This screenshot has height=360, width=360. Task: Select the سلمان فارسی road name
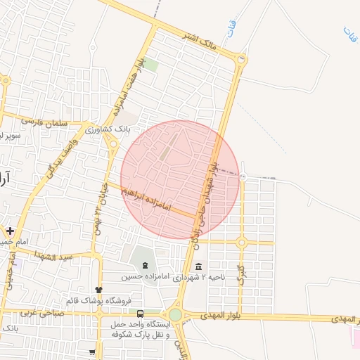44,121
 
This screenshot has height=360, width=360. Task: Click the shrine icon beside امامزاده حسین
145,266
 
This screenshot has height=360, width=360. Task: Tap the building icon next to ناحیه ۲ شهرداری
199,266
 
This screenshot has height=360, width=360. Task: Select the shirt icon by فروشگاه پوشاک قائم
98,290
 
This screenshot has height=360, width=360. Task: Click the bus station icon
140,314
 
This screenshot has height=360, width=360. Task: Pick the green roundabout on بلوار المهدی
175,314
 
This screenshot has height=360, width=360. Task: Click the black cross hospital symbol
10,230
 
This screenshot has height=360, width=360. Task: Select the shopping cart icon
92,352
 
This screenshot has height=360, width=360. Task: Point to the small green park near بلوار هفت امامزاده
151,65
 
